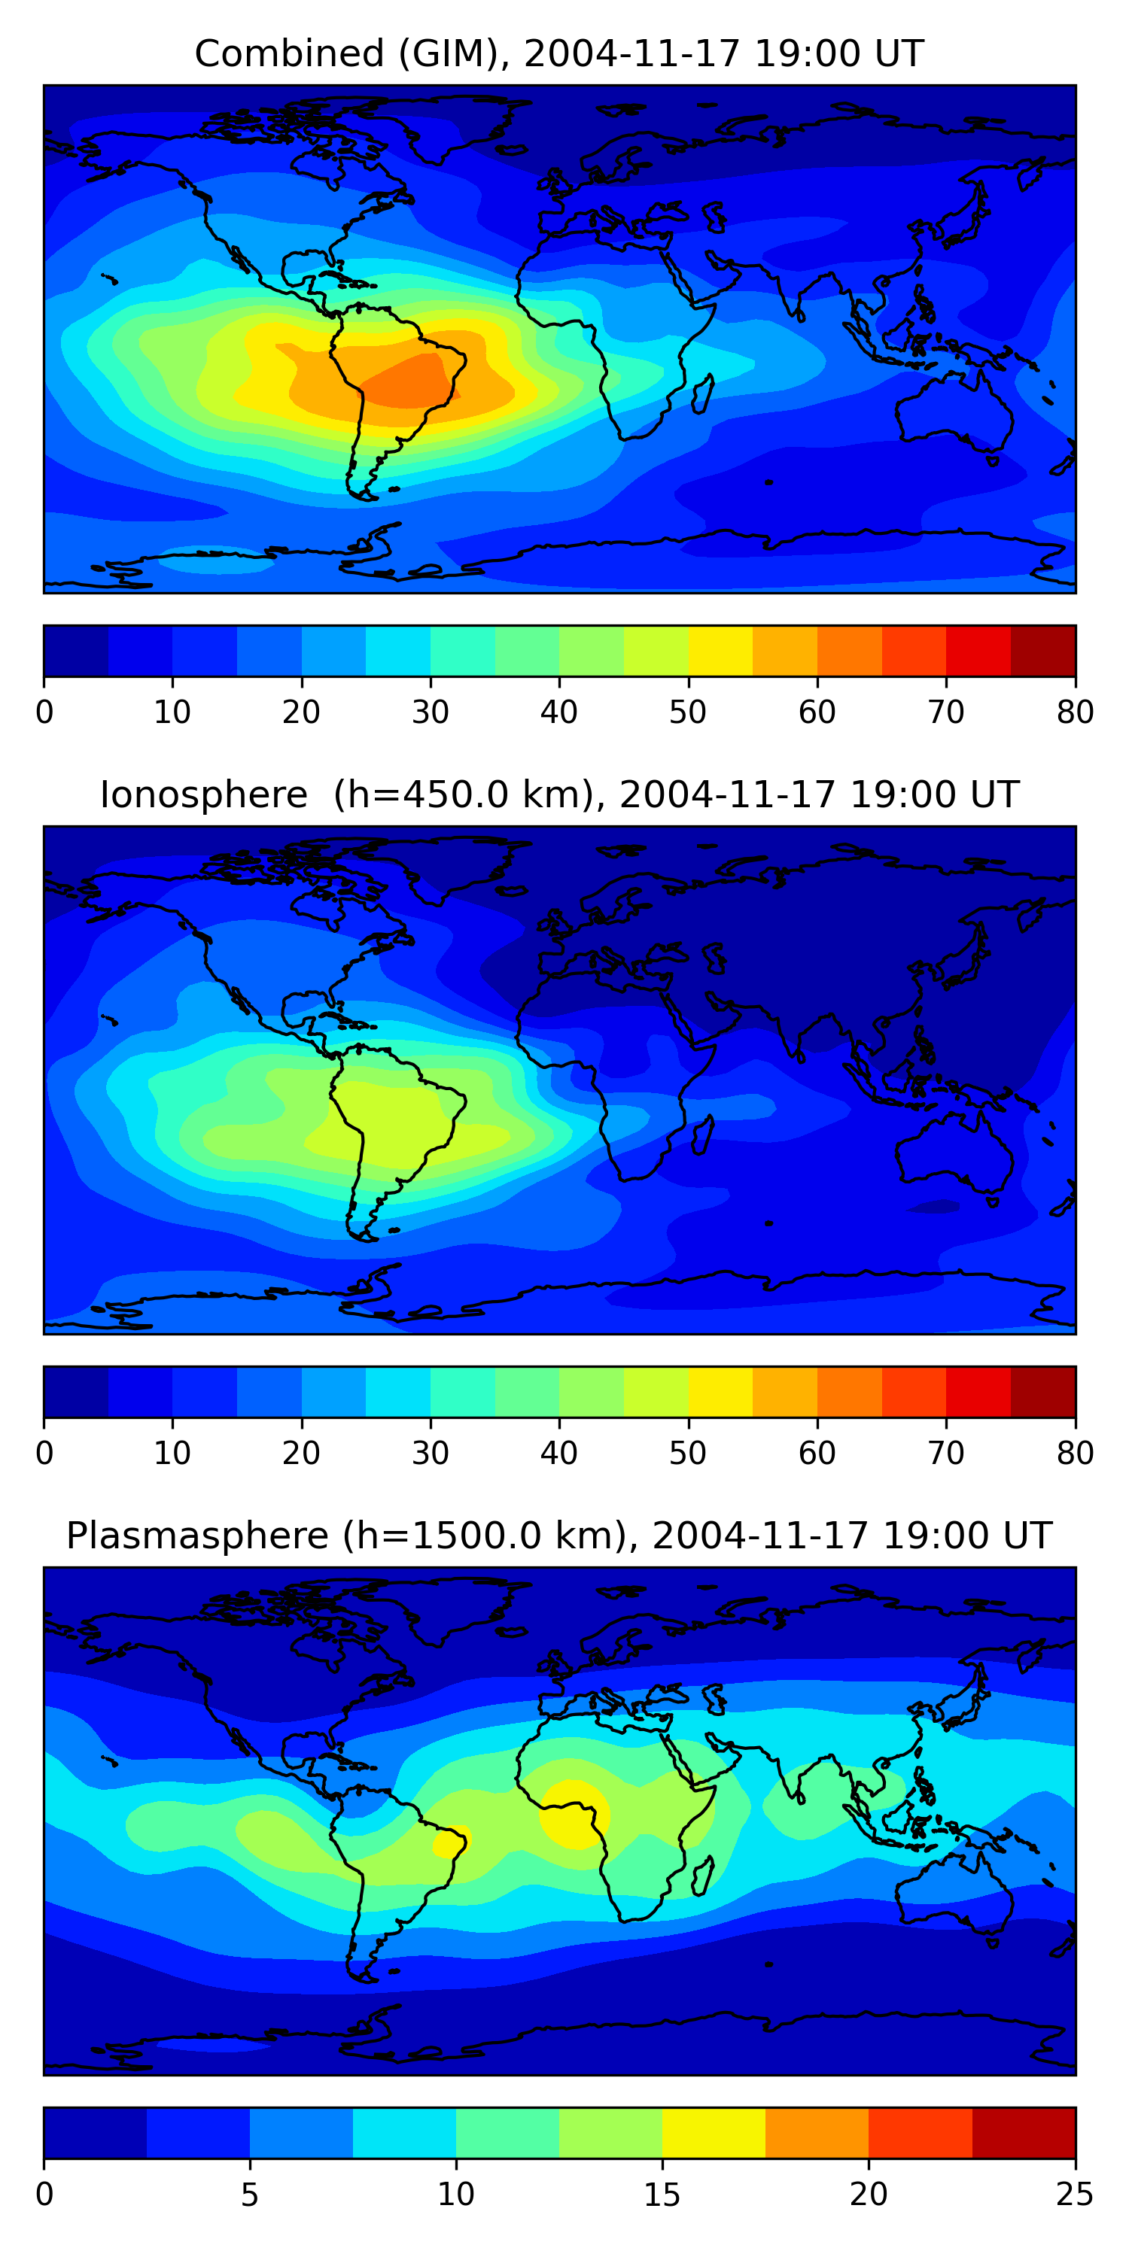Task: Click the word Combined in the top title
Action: (x=288, y=53)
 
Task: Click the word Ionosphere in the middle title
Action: (x=203, y=794)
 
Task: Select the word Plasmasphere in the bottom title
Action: (x=196, y=1536)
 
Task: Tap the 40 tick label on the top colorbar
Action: (x=558, y=712)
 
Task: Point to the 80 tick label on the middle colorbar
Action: (x=1075, y=1454)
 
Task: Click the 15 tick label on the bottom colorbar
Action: (x=662, y=2195)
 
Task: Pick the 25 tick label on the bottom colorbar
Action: (x=1075, y=2195)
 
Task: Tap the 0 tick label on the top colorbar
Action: (x=44, y=712)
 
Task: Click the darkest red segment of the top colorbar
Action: (x=1043, y=651)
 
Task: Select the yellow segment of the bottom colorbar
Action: (x=714, y=2134)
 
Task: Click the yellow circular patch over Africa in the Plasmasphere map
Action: (x=574, y=1815)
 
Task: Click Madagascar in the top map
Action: (x=702, y=394)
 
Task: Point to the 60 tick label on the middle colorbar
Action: (x=816, y=1454)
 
